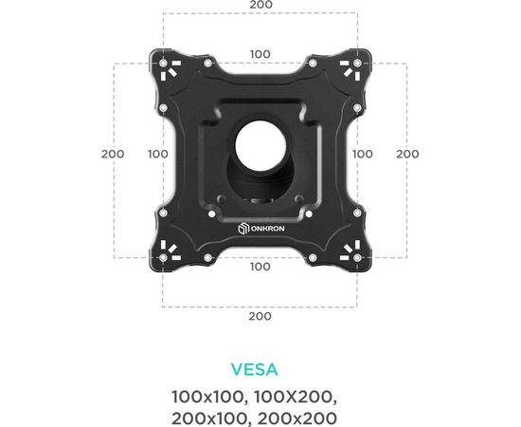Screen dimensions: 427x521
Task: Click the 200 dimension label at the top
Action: point(260,6)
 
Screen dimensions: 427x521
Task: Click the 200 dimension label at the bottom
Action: point(260,316)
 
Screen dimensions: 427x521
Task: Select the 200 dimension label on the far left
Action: point(113,154)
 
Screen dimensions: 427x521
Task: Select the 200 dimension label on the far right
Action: point(407,154)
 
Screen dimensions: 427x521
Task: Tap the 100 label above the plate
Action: point(260,54)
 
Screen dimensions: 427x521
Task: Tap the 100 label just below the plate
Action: point(260,267)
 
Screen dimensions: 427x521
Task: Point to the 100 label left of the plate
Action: point(158,154)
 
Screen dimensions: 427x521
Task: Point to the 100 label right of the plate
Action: point(363,154)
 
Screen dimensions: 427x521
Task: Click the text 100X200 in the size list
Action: point(301,395)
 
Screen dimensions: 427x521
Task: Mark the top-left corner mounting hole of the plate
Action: point(163,65)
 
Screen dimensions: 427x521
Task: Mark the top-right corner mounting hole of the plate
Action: point(358,65)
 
